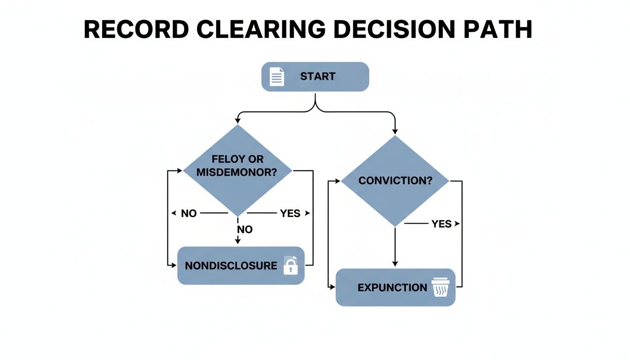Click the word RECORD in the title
click(x=136, y=30)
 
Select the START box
click(x=315, y=76)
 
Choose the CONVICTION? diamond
click(x=395, y=181)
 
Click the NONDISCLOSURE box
click(x=241, y=265)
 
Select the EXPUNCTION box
click(x=395, y=287)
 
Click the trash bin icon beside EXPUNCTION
click(x=440, y=287)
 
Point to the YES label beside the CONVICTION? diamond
click(x=441, y=224)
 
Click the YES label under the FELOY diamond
click(x=290, y=213)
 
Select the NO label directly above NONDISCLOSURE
click(x=245, y=229)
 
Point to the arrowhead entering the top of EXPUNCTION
click(x=395, y=263)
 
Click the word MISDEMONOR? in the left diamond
click(x=236, y=172)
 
